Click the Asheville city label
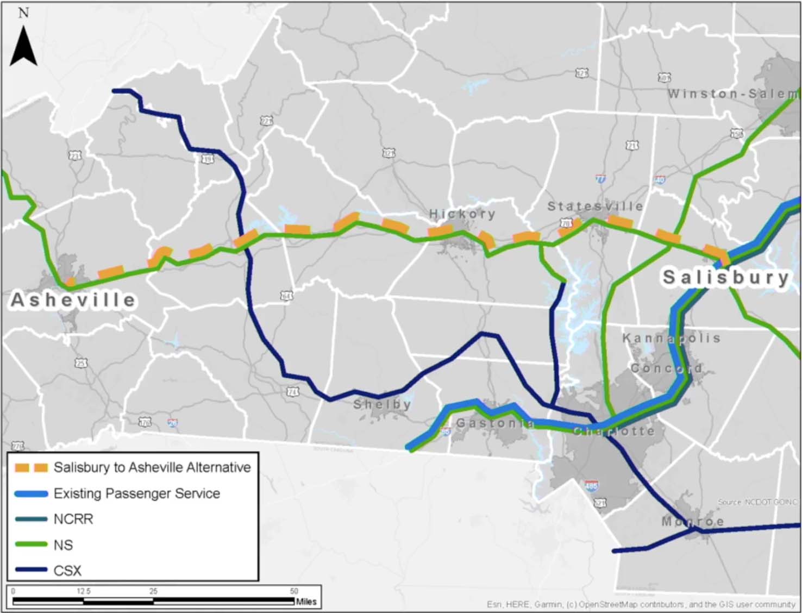coord(73,300)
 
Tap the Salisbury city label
coord(725,277)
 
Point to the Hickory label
coord(462,214)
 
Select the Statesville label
coord(595,207)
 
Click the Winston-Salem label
coord(733,94)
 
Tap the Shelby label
coord(382,404)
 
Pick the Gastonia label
coord(494,423)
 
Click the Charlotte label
coord(614,431)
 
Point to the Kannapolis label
coord(671,338)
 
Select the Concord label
coord(666,368)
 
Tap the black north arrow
coord(24,47)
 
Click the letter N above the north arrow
coord(23,12)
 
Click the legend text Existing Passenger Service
coord(136,493)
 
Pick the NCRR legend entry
coord(73,519)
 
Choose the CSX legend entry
coord(67,571)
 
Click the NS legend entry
coord(63,545)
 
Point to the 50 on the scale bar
coord(294,591)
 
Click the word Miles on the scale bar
coord(306,602)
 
